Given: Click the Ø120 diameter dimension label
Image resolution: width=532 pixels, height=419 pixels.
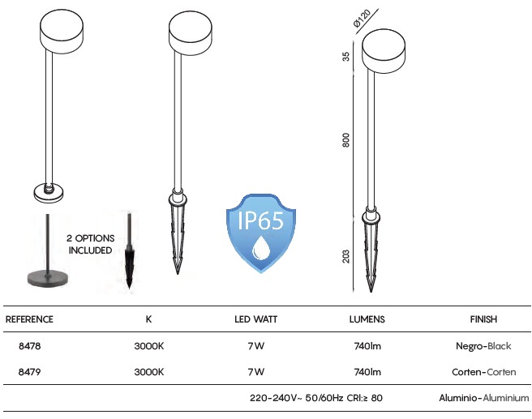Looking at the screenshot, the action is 362,18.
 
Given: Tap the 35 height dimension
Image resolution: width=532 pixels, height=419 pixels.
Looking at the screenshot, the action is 345,57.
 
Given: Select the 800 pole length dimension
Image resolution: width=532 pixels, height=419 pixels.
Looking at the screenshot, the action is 345,140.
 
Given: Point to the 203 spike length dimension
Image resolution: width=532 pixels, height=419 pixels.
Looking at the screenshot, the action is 345,257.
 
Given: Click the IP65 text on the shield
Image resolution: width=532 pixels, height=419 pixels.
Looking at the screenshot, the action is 260,220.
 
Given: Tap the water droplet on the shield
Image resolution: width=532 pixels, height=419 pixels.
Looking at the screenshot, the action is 260,248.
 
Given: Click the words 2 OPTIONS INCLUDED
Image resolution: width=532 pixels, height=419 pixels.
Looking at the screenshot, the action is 91,244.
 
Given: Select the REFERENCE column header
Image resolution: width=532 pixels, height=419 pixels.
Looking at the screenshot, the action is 29,319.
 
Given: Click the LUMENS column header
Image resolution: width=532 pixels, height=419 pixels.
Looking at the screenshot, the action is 367,319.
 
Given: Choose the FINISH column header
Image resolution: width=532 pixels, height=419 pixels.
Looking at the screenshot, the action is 483,319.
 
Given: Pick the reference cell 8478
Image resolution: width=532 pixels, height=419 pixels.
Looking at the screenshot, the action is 29,346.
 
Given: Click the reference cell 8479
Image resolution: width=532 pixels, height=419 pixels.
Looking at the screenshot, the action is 29,372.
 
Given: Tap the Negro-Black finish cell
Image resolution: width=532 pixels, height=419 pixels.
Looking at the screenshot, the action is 483,346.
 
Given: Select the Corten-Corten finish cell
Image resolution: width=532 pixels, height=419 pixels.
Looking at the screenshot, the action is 484,372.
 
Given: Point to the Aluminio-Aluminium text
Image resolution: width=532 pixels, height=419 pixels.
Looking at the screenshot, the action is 484,398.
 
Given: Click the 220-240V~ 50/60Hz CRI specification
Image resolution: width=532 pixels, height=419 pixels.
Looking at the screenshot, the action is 316,398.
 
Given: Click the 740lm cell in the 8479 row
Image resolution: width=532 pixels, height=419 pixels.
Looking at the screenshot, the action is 367,372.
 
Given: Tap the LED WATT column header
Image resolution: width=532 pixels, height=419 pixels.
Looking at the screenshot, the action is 255,319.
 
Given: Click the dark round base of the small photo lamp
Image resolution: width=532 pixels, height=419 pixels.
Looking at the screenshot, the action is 48,279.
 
